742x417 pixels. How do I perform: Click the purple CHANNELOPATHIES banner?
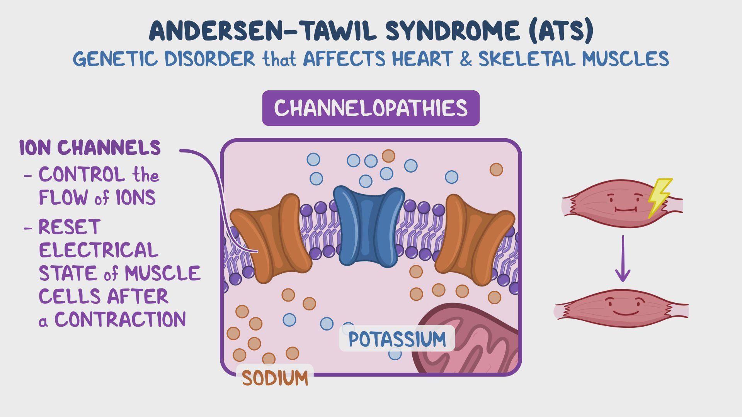click(371, 108)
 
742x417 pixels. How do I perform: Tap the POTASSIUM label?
click(397, 339)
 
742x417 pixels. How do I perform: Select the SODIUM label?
click(275, 378)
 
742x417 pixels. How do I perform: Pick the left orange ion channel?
click(271, 239)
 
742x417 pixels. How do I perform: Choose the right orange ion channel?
click(475, 239)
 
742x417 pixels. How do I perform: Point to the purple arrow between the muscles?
click(623, 259)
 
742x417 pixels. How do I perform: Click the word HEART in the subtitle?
click(422, 59)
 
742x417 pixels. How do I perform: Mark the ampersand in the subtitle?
click(466, 59)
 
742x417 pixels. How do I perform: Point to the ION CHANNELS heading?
click(90, 148)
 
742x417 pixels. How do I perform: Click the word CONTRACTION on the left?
click(120, 320)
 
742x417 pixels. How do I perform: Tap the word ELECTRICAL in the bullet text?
click(99, 250)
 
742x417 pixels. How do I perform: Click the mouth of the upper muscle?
click(625, 210)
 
